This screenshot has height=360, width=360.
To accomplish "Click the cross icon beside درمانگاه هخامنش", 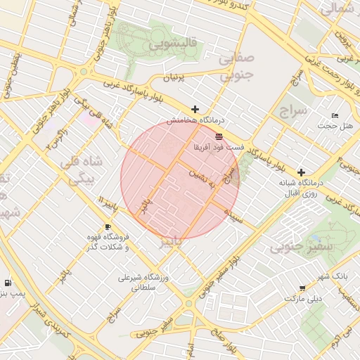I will pyautogui.click(x=195, y=110).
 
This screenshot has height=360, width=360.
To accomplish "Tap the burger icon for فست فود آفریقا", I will pyautogui.click(x=219, y=136).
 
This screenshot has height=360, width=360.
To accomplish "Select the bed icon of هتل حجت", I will pyautogui.click(x=335, y=115).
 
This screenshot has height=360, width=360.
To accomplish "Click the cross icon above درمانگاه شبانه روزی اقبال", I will pyautogui.click(x=301, y=172).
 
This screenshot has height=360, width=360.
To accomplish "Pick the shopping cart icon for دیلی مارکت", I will pyautogui.click(x=302, y=288).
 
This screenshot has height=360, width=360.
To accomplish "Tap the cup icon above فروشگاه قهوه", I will pyautogui.click(x=108, y=226).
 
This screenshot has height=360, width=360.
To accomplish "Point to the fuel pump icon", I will pyautogui.click(x=7, y=283).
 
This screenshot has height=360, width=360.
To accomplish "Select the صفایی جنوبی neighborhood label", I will pyautogui.click(x=236, y=67).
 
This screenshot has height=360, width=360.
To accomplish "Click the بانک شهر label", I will pyautogui.click(x=333, y=276).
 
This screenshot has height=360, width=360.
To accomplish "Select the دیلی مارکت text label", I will pyautogui.click(x=302, y=298).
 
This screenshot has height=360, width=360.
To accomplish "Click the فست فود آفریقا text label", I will pyautogui.click(x=219, y=148).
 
